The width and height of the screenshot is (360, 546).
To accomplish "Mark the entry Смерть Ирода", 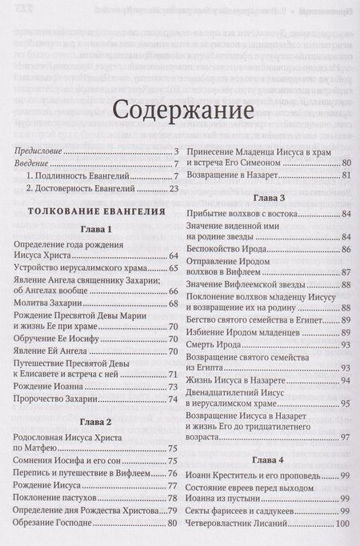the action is point(209,344).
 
